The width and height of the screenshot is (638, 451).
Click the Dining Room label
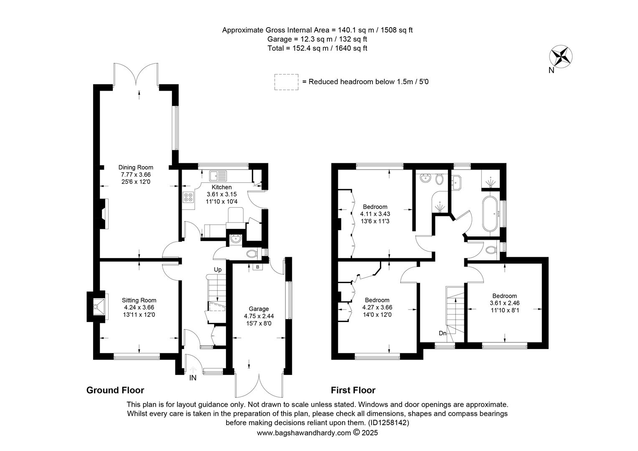136,167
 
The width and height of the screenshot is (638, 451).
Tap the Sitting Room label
139,300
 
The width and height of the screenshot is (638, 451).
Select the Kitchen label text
222,187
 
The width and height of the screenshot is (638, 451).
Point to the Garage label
258,309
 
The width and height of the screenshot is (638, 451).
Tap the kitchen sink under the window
218,176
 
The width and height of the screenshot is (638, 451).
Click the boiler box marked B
258,267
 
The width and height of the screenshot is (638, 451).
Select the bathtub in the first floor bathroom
490,214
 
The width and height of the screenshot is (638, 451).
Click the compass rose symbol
561,56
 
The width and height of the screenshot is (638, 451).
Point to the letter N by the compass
552,71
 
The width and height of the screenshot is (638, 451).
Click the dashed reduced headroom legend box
286,82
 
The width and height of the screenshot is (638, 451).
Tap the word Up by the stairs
218,269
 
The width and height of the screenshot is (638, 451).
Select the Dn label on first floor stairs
442,333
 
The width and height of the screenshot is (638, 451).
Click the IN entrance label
193,378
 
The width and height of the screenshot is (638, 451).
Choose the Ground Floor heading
115,390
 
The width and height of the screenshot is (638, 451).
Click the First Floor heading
353,390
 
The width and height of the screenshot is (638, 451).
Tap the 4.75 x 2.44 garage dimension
259,316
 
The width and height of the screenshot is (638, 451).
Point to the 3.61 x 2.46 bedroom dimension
504,303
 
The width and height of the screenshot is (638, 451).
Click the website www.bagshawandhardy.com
304,433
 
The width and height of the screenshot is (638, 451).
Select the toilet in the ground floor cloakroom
251,253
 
